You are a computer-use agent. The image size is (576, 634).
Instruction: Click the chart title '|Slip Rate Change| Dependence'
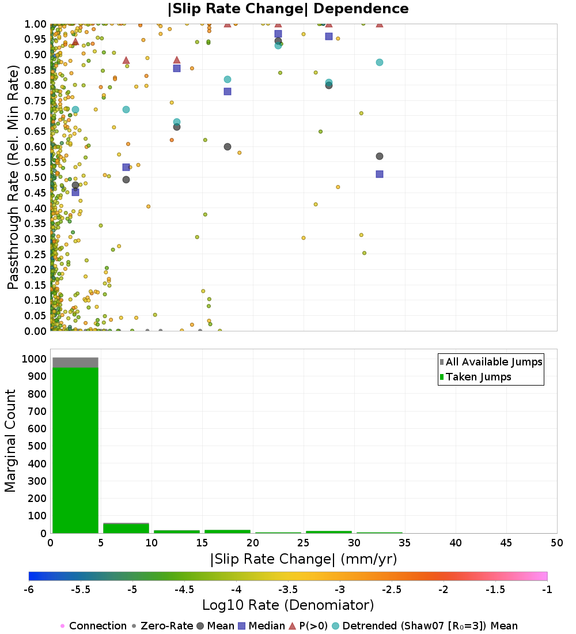[288, 9]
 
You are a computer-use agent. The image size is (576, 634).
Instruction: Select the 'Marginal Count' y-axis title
[10, 441]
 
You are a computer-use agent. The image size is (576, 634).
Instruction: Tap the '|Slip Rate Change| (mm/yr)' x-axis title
[304, 559]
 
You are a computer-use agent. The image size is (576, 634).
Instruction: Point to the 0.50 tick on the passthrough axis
[35, 178]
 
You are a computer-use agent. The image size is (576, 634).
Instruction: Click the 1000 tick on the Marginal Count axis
[32, 358]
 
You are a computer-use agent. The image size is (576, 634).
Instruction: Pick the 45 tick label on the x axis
[506, 543]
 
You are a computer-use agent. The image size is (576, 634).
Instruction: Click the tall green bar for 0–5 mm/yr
[75, 450]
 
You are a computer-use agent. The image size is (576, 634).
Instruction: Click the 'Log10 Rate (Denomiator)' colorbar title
[288, 605]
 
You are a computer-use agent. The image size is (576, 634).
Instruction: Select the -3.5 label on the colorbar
[288, 589]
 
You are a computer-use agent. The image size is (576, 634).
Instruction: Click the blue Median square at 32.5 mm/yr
[380, 174]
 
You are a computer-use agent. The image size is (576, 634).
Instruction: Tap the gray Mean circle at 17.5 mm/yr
[228, 147]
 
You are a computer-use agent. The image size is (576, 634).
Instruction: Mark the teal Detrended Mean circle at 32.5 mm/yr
[380, 62]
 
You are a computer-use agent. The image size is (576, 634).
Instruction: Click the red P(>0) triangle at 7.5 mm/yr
[126, 60]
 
